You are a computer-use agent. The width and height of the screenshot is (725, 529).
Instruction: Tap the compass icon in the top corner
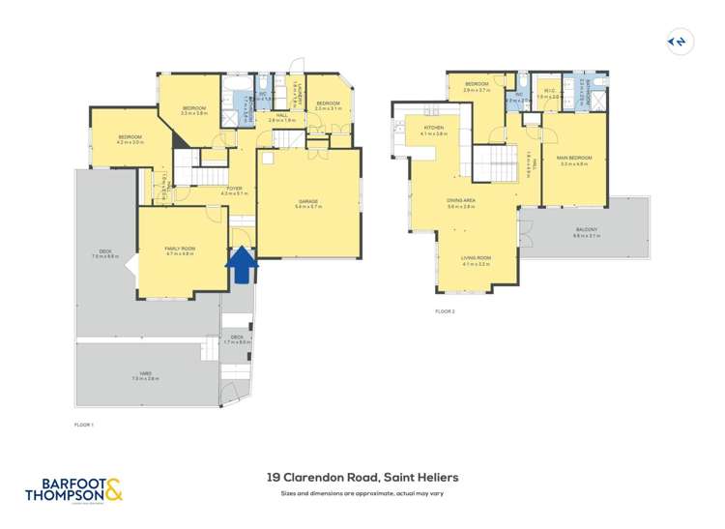(680, 42)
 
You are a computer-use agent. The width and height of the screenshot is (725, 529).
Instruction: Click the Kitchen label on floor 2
(434, 131)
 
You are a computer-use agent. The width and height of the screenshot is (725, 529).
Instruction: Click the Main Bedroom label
(574, 160)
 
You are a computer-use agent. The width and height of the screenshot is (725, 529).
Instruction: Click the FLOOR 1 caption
(84, 425)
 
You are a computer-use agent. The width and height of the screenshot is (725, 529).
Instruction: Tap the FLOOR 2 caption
(445, 311)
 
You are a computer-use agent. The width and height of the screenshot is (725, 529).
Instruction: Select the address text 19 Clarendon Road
(362, 477)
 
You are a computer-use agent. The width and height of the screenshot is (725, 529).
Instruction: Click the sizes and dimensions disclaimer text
(362, 494)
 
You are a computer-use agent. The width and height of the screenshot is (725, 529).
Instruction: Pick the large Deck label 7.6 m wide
(105, 254)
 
